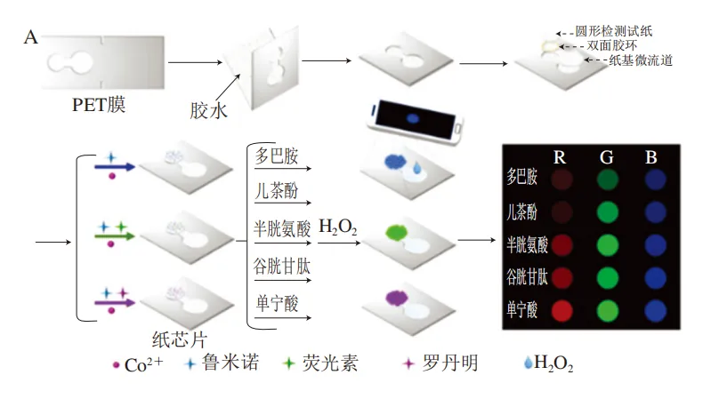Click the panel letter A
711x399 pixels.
tap(31, 36)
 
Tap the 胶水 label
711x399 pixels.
tap(209, 110)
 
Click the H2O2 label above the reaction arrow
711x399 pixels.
tap(337, 229)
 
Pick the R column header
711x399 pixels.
tap(560, 157)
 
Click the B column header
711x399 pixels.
tap(652, 157)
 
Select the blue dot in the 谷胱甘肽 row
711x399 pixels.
tap(652, 278)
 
